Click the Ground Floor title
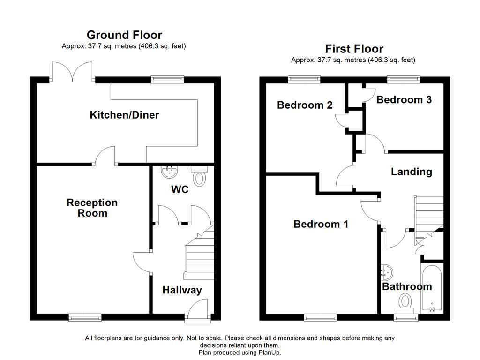(124, 35)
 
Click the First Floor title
(354, 49)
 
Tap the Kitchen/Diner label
(124, 115)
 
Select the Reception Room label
(92, 208)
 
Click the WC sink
(168, 172)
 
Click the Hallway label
(182, 290)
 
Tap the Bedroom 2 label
(305, 105)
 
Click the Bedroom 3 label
(404, 99)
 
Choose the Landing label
(412, 172)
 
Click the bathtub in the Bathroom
(432, 288)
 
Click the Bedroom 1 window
(320, 318)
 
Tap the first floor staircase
(428, 213)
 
